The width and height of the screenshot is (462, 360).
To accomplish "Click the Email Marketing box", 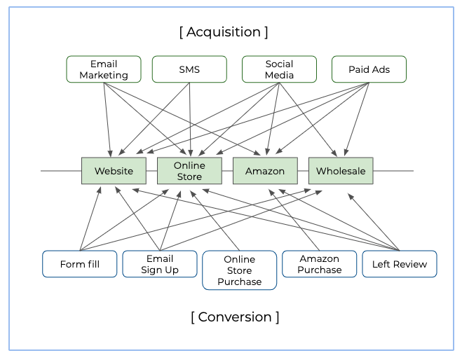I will point(104,69).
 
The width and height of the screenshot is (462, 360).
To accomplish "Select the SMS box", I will point(189,69).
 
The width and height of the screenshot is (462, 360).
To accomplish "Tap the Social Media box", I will point(279,69).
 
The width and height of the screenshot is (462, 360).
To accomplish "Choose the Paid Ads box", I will point(369,69).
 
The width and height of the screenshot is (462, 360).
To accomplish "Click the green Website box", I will point(114,171).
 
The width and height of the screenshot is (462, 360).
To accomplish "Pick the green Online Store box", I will point(189,171).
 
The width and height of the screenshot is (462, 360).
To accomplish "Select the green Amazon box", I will point(265,171).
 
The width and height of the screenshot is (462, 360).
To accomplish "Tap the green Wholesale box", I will point(341,171).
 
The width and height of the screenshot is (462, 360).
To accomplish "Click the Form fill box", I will point(80,264).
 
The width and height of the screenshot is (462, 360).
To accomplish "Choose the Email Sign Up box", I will point(160,264).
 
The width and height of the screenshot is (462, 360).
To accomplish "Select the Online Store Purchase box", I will point(239,270).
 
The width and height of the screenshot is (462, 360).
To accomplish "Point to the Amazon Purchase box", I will point(319,264).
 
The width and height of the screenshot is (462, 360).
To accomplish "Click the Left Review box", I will point(400,264).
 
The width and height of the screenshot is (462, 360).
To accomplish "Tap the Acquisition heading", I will point(224,32).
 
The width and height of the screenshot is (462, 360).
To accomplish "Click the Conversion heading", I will point(235,317).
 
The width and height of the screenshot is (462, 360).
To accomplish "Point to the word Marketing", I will point(104,75).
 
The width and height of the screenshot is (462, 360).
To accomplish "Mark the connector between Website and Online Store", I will point(151,171).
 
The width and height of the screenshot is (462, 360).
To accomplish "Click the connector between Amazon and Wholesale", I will point(303,171).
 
